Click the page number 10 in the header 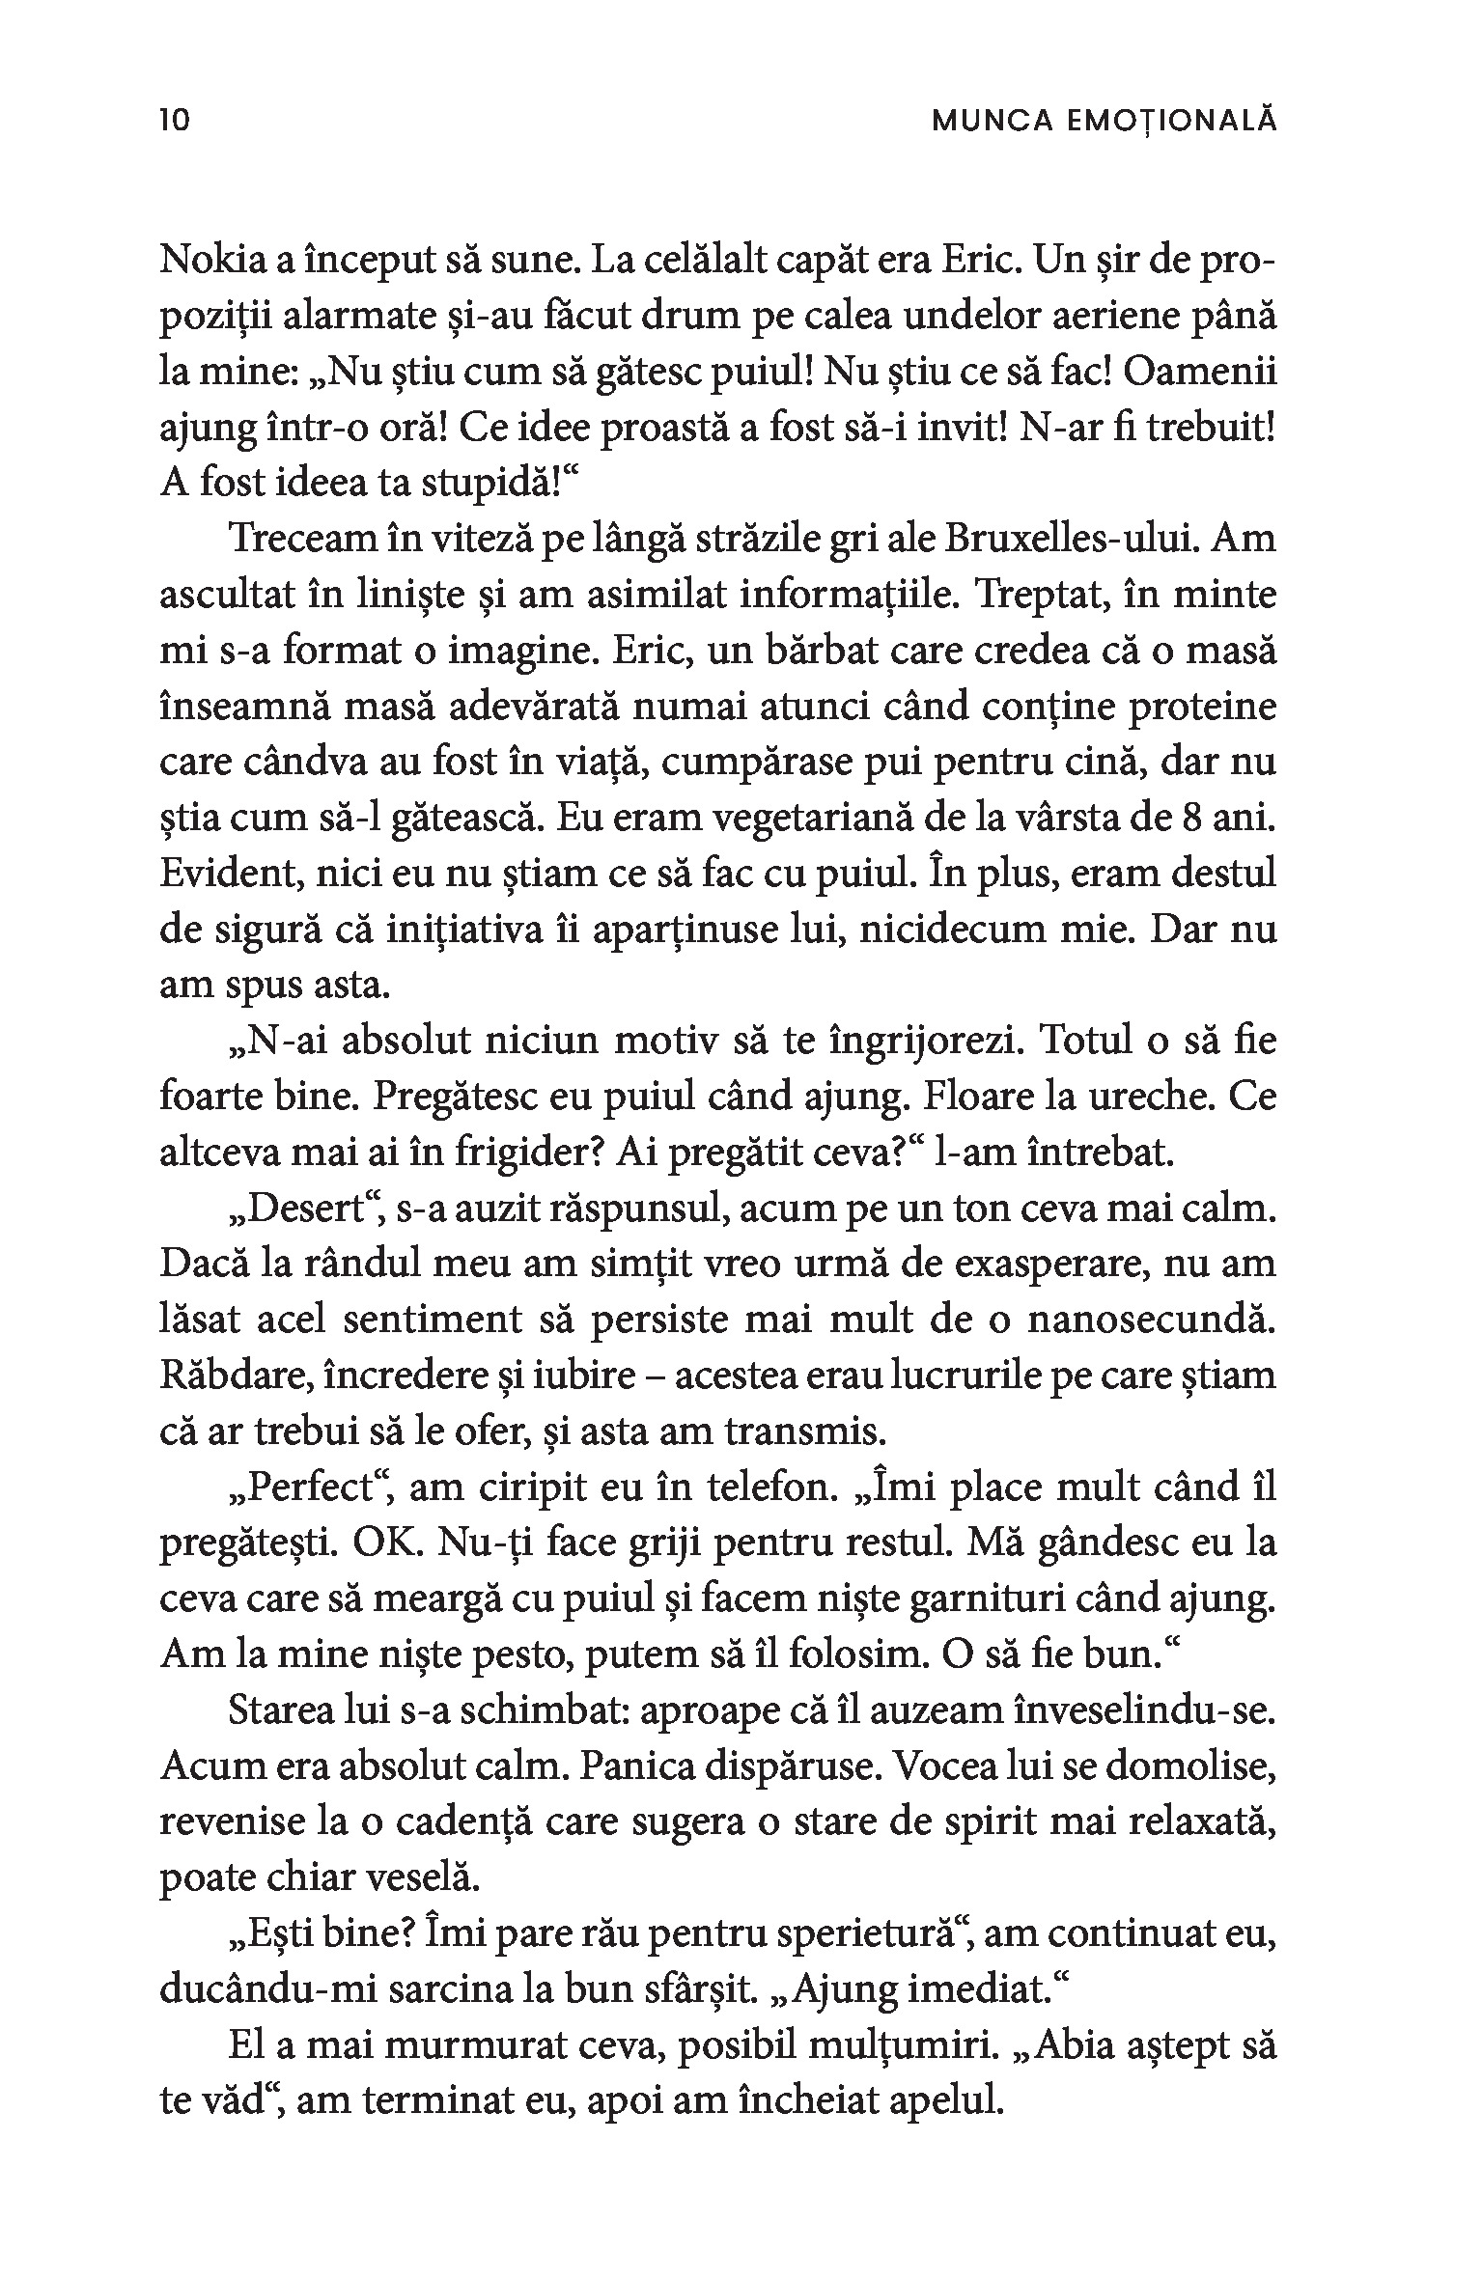174,120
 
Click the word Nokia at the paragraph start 209,262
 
